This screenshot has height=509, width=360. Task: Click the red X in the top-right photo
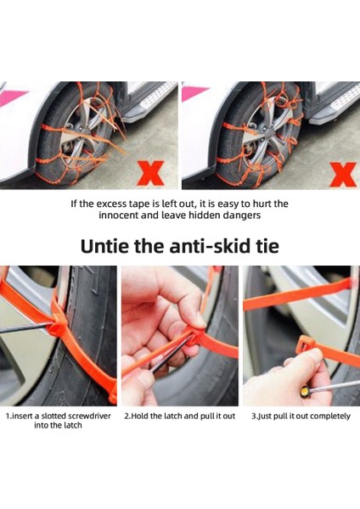[341, 173]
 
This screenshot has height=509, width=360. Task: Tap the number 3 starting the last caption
[254, 417]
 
